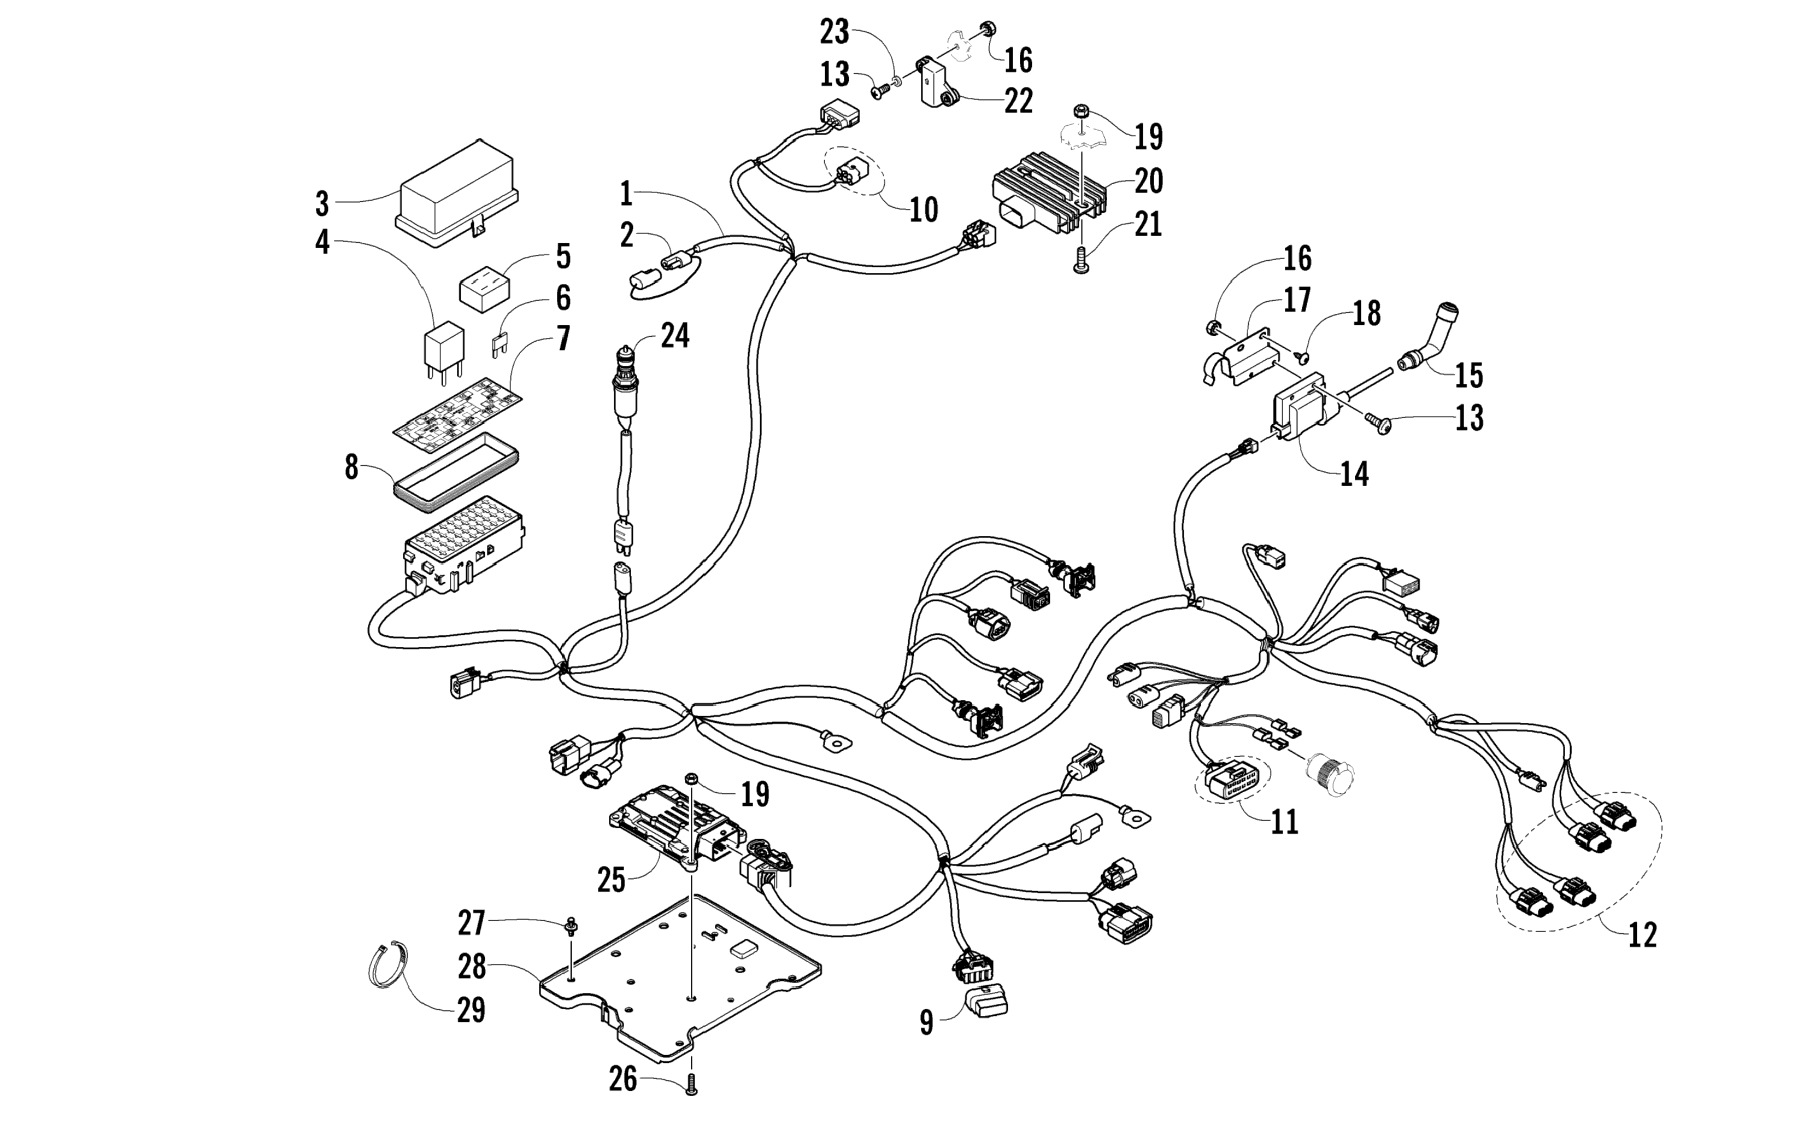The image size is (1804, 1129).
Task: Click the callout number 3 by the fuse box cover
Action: (322, 203)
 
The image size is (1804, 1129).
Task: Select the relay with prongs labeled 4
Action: (443, 347)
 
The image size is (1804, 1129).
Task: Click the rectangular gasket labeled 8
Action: (455, 473)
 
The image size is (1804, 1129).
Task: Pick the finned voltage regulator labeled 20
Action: (1049, 196)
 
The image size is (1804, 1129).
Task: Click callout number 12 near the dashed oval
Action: (1642, 935)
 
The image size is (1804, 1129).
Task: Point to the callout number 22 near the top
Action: (1018, 101)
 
